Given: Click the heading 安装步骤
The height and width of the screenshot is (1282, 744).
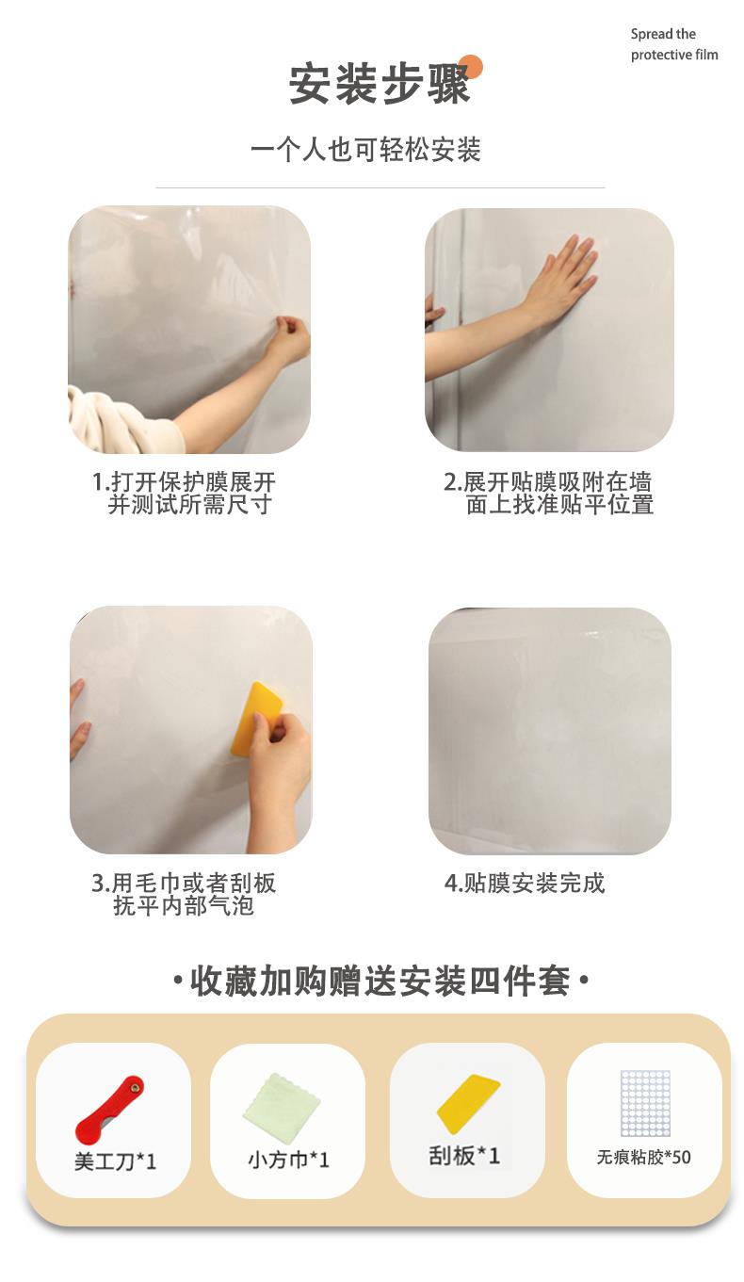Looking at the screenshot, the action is (x=379, y=85).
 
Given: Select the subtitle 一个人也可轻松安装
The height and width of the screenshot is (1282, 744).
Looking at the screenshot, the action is (x=365, y=150).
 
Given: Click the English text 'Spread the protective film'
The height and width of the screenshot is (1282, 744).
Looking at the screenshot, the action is (x=674, y=44).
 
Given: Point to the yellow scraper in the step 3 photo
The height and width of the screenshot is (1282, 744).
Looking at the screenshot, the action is (x=256, y=718).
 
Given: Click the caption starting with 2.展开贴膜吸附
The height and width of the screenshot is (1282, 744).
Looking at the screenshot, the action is (x=548, y=494).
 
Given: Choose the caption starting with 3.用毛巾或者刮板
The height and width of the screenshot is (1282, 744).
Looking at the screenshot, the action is (x=184, y=895).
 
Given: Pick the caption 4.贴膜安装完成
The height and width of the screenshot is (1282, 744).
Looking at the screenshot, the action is (x=525, y=884).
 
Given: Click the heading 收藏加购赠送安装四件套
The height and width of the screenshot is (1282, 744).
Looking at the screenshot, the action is (x=380, y=982).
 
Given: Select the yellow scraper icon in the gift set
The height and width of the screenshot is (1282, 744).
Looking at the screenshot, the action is (x=468, y=1103).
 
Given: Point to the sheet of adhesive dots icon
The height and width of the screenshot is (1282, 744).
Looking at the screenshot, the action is (x=645, y=1103).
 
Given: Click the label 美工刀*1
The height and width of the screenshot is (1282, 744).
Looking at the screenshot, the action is (x=115, y=1161).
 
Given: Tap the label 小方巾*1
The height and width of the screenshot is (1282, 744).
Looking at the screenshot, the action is (x=288, y=1160).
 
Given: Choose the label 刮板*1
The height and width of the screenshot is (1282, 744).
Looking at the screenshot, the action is (x=464, y=1156).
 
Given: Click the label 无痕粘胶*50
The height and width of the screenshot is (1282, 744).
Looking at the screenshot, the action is (x=644, y=1158).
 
